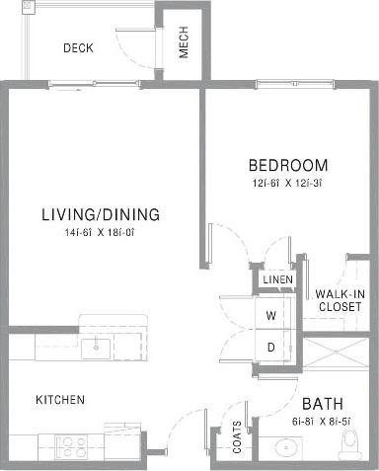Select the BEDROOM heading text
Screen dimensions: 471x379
(287, 165)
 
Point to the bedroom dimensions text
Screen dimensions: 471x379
(287, 182)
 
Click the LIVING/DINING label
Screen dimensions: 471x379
(101, 214)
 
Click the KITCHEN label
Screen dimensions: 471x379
(60, 400)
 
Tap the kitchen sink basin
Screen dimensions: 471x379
(96, 347)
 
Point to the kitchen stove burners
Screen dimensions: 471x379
(71, 443)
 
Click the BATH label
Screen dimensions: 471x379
(322, 404)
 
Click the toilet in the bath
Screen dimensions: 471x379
(350, 447)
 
